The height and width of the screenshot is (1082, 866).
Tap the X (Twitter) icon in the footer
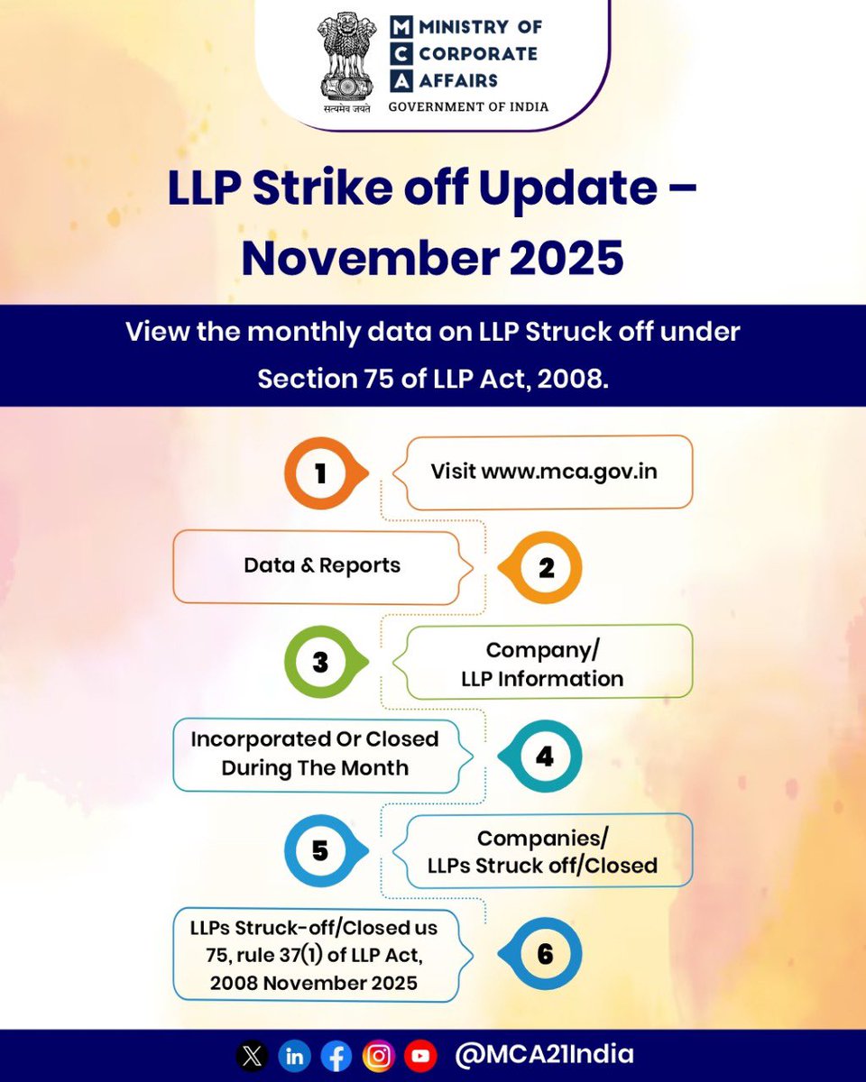[252, 1056]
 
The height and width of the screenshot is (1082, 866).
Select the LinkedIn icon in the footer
[294, 1056]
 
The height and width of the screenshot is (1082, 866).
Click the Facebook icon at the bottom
[336, 1056]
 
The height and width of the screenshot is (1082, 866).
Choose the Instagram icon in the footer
[379, 1056]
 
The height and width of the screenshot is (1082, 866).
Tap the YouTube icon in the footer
[420, 1056]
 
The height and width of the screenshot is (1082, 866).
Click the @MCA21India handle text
[544, 1055]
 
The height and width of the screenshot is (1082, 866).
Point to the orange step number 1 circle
[320, 473]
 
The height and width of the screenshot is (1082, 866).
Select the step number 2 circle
[545, 568]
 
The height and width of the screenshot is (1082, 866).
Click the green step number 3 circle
[320, 663]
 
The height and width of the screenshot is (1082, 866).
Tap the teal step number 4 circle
[545, 756]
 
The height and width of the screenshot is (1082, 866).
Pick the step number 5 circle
[320, 850]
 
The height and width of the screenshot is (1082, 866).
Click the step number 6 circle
[545, 954]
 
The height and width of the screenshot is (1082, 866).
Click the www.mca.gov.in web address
[569, 472]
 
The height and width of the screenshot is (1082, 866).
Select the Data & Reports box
[322, 566]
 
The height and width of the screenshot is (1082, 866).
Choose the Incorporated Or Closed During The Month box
[315, 754]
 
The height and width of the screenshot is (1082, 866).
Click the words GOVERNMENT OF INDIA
[468, 106]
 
